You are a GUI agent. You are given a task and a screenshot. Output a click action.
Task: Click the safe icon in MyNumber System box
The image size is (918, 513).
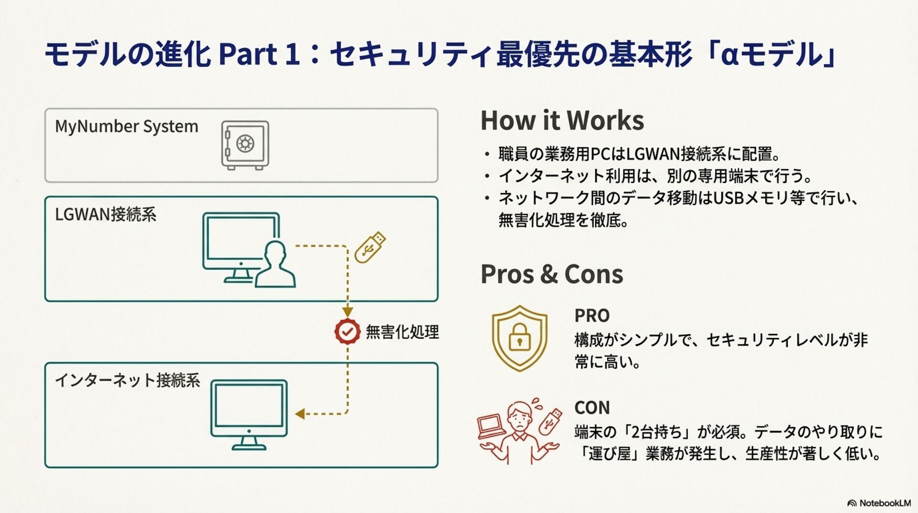pos(245,145)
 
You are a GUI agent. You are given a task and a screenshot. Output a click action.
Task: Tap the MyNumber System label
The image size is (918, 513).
pos(127,127)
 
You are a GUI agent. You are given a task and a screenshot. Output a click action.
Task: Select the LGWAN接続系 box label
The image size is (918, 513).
pos(106,214)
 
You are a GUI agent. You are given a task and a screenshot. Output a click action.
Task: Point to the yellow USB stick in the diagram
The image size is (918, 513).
pos(370,247)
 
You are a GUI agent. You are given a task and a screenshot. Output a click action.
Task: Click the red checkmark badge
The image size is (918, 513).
pos(347,331)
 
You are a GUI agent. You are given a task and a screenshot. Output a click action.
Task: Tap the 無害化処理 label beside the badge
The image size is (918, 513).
pos(402,332)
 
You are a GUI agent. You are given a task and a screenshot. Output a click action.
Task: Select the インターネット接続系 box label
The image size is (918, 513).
pos(128,380)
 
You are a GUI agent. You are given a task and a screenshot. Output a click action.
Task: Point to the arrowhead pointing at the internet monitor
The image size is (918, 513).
pos(300,414)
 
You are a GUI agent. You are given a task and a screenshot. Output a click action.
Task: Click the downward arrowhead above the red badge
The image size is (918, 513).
pos(348,312)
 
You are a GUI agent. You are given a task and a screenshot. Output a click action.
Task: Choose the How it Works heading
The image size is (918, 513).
pos(562,120)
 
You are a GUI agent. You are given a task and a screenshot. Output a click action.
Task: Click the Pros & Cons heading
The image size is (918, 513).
pos(552,274)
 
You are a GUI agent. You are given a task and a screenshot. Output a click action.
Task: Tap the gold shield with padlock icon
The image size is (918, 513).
pos(519,338)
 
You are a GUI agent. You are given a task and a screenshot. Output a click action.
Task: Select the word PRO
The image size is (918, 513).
pos(592,316)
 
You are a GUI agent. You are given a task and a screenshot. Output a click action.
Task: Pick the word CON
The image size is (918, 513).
pos(592,408)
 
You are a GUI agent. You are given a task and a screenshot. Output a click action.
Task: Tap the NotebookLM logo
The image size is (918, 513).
pos(879,503)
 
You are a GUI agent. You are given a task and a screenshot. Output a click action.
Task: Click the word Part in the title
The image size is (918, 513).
pos(248,54)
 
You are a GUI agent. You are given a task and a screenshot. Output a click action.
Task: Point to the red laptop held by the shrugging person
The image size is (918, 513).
pos(491,427)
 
